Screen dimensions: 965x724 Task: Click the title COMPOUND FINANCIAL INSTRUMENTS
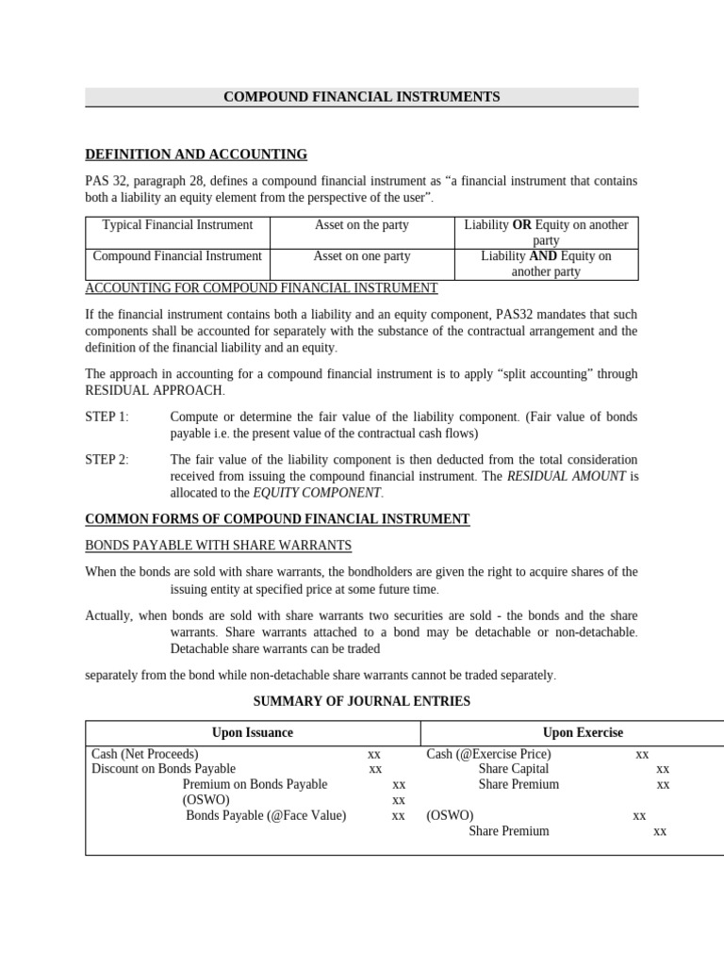(x=362, y=97)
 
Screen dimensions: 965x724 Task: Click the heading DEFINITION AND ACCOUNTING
(x=196, y=155)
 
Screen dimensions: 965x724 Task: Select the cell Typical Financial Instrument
(x=177, y=225)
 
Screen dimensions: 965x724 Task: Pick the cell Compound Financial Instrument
(x=177, y=256)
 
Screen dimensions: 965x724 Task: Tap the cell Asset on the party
(x=361, y=225)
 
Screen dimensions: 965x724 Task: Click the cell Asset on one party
(x=361, y=256)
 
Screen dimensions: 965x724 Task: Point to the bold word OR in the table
(x=521, y=225)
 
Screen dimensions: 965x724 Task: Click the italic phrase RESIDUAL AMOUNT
(x=567, y=477)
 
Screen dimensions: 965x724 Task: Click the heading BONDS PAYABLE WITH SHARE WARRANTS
(x=219, y=546)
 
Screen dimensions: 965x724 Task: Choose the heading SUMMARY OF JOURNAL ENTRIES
(x=362, y=701)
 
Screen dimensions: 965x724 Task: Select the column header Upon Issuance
(x=253, y=732)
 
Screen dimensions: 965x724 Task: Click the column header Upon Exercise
(x=583, y=732)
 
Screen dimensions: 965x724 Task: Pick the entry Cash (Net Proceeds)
(x=145, y=754)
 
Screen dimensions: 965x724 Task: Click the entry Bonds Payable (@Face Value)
(x=266, y=816)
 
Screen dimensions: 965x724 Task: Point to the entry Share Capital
(x=513, y=769)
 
